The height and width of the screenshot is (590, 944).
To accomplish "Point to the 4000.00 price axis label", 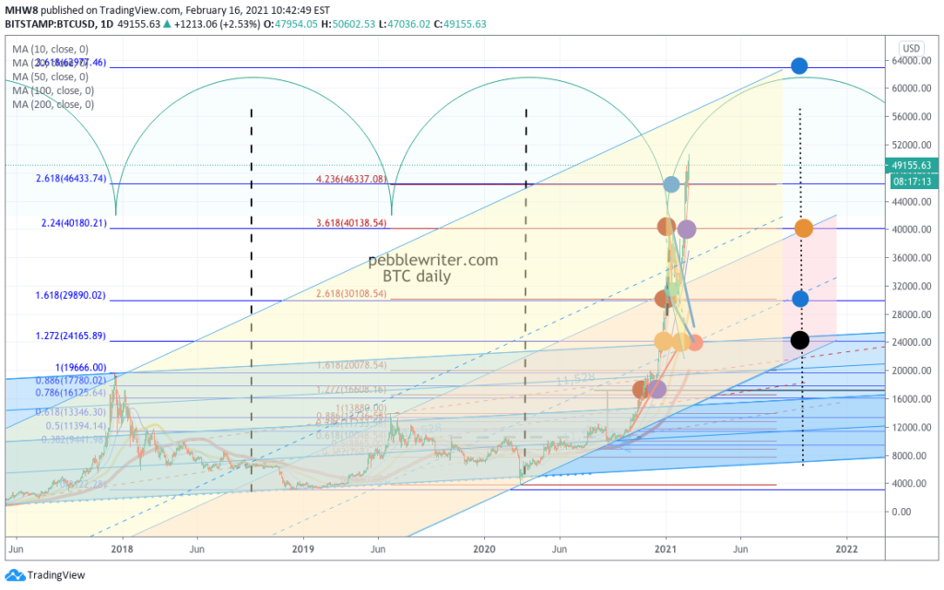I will pyautogui.click(x=911, y=483).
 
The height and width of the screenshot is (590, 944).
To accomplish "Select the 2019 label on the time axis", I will pyautogui.click(x=304, y=549).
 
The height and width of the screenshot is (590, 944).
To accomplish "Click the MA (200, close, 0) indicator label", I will pyautogui.click(x=53, y=105).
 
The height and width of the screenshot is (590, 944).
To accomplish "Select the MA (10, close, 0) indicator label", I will pyautogui.click(x=50, y=48).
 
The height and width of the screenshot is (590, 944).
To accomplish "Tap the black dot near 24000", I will pyautogui.click(x=800, y=340).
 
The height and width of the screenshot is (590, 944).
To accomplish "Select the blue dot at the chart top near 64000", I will pyautogui.click(x=799, y=65).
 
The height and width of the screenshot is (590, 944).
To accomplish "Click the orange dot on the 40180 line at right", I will pyautogui.click(x=803, y=229).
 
